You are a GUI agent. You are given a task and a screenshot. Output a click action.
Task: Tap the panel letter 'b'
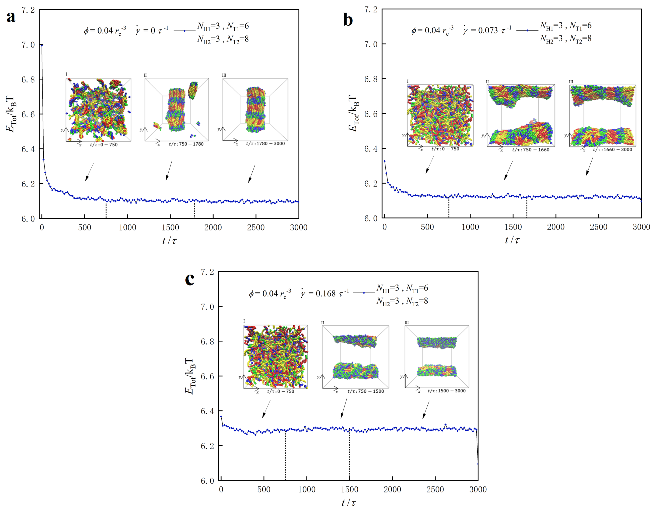coord(348,20)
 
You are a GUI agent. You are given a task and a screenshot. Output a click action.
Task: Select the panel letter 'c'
coord(190,279)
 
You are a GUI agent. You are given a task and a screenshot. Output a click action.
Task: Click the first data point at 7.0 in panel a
coord(42,45)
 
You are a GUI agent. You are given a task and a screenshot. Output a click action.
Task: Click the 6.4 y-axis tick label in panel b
coord(371,149)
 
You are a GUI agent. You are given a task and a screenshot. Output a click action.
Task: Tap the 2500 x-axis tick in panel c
coord(435,489)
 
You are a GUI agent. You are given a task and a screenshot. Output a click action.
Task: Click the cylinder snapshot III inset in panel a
coord(255,110)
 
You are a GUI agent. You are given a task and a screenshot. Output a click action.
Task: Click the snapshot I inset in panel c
coord(276,357)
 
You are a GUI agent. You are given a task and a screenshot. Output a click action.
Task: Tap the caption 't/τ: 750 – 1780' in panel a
coord(186,144)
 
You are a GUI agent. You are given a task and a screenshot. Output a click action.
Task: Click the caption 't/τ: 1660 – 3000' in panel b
coord(612,150)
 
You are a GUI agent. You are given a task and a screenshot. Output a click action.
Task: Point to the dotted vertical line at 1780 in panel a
coord(194,210)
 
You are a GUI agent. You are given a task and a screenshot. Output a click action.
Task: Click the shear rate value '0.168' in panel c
coord(325,293)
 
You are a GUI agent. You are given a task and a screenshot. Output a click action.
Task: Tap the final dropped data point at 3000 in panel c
coord(478,464)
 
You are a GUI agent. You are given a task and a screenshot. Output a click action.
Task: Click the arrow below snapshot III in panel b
coord(589,167)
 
